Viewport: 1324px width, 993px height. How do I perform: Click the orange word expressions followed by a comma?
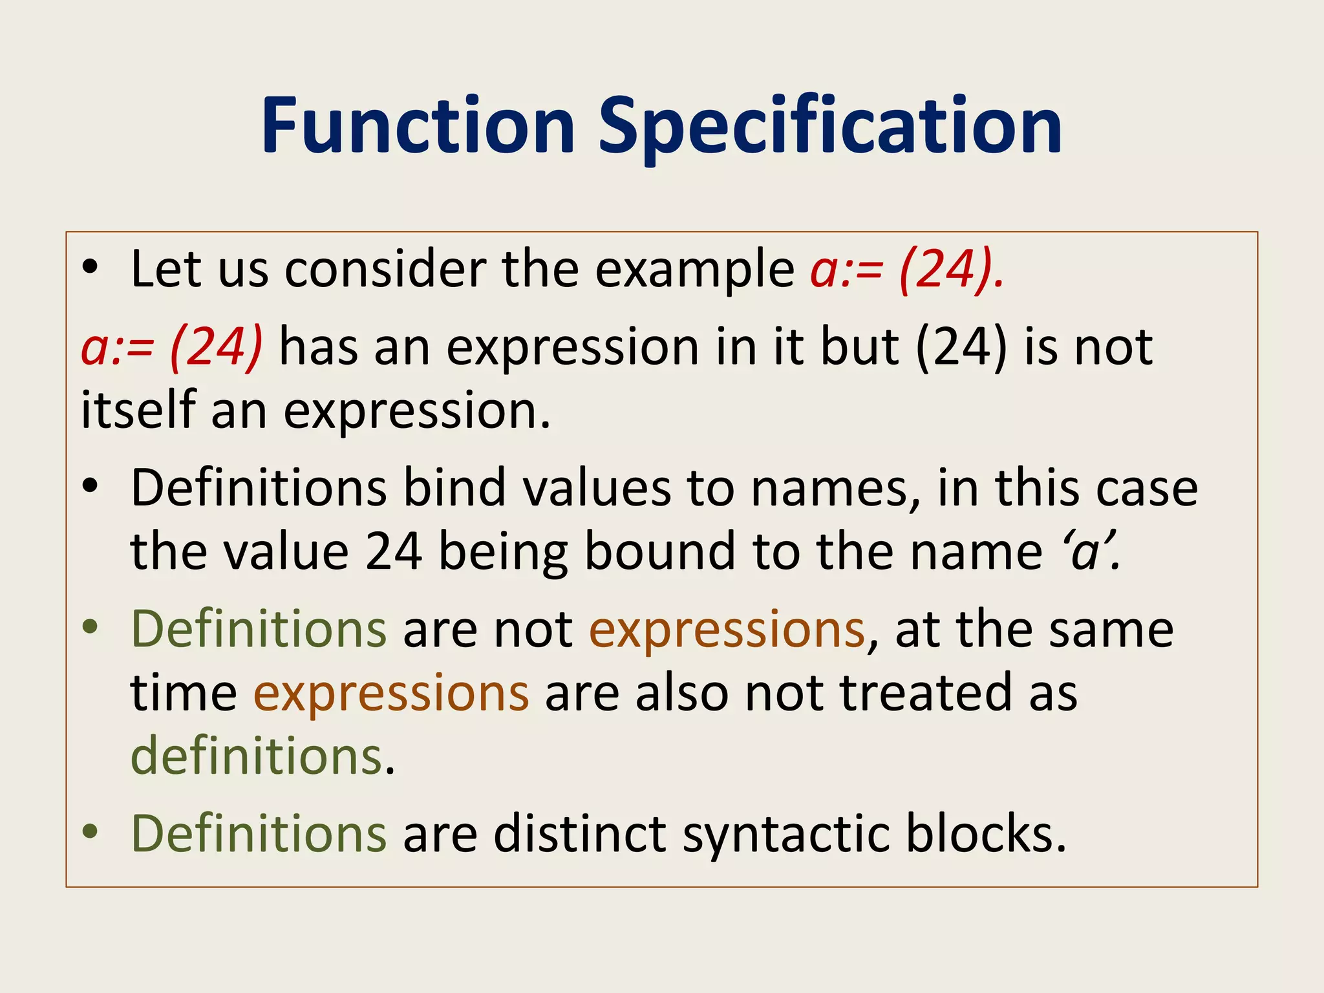[727, 630]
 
